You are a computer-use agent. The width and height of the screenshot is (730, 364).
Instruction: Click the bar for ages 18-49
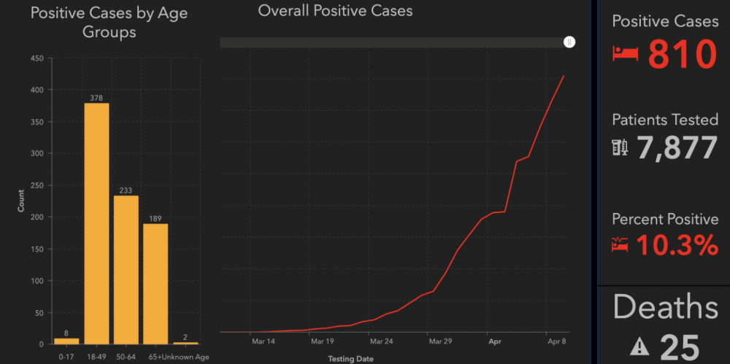coord(96,223)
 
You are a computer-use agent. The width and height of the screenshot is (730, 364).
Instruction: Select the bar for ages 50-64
coord(126,270)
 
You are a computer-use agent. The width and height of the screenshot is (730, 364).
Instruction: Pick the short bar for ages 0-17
coord(66,341)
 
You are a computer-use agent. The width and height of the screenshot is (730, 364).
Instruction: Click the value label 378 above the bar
coord(96,98)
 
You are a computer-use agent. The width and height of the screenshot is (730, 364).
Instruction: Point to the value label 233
coord(126,190)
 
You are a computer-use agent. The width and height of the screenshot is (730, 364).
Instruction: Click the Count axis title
coord(20,201)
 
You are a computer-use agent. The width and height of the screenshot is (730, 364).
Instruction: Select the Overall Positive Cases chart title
coord(335,11)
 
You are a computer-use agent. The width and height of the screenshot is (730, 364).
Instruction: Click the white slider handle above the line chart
coord(569,42)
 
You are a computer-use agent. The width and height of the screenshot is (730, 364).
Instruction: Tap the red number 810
coord(683,55)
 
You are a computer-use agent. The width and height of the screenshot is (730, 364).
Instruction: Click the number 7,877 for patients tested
coord(677,148)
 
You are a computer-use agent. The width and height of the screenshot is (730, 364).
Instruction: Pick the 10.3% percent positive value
coord(677,246)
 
